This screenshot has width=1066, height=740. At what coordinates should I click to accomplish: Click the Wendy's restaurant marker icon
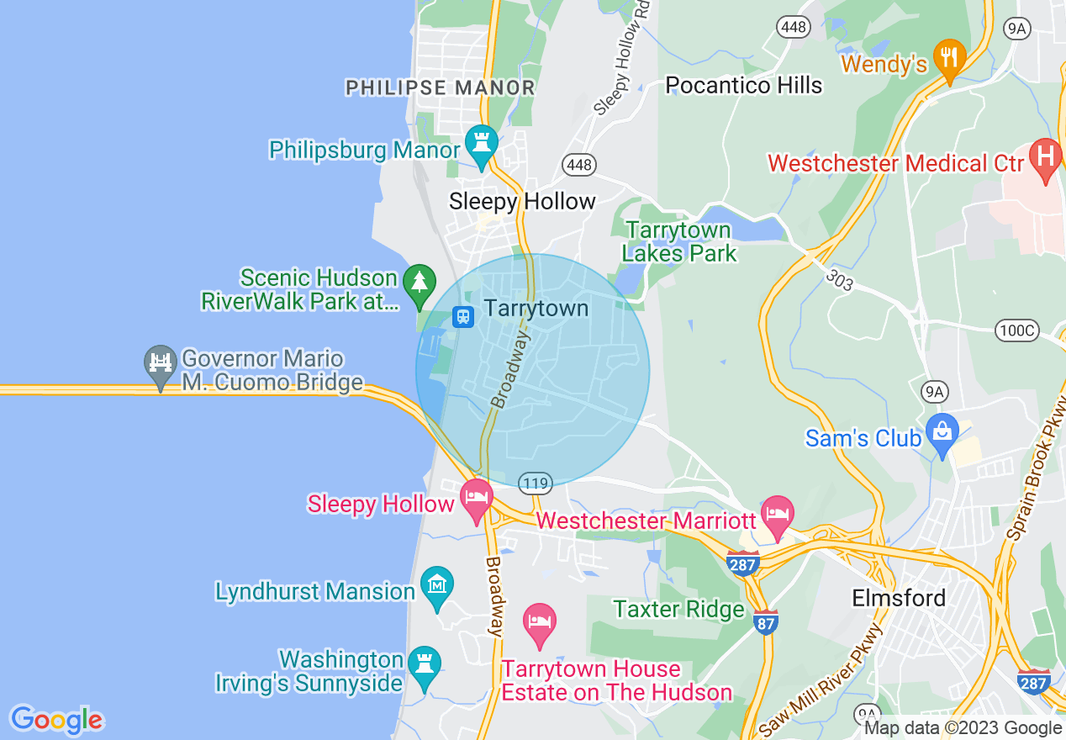[x=949, y=58]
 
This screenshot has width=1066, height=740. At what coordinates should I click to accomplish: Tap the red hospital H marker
[x=1046, y=157]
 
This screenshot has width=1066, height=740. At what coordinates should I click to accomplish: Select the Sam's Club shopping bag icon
[x=942, y=432]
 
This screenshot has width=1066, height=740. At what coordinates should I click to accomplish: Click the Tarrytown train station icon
[x=462, y=317]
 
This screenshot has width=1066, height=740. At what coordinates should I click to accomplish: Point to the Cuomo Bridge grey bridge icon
[x=160, y=363]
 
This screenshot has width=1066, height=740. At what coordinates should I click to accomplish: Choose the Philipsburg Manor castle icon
[x=482, y=144]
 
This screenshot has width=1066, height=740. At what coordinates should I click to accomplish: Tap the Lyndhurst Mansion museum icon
[x=437, y=584]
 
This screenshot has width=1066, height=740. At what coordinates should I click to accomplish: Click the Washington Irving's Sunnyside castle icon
[x=424, y=664]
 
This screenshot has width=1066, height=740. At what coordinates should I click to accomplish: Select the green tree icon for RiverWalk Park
[x=419, y=282]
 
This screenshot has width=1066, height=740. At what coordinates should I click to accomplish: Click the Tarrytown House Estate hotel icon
[x=539, y=622]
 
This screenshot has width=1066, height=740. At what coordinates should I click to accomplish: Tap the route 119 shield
[x=535, y=483]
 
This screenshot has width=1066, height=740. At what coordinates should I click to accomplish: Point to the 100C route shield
[x=1016, y=330]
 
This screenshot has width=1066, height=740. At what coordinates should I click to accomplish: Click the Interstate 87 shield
[x=765, y=621]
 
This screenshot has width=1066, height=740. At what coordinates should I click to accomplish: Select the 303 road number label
[x=838, y=280]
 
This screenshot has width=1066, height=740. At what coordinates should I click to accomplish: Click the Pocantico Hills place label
[x=743, y=85]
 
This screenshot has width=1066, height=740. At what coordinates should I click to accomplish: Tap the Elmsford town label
[x=899, y=598]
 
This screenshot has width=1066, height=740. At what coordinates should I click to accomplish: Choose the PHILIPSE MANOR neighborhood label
[x=441, y=87]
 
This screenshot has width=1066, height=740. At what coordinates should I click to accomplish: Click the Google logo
[x=56, y=720]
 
